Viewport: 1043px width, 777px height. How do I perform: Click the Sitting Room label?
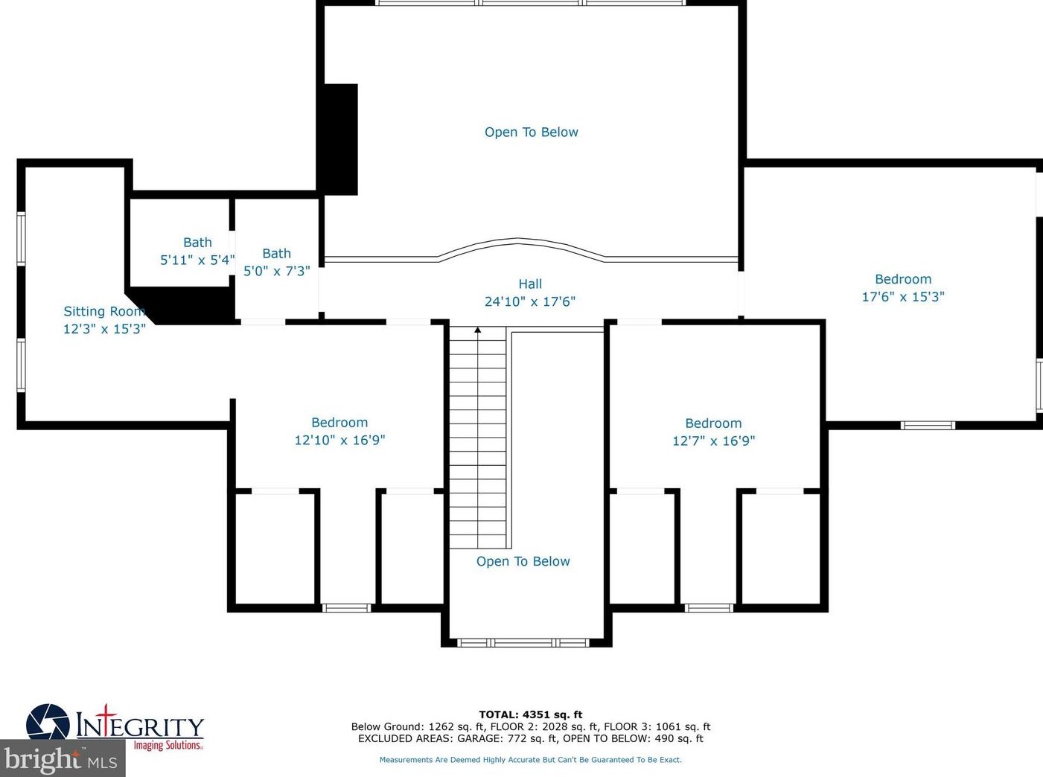tap(103, 312)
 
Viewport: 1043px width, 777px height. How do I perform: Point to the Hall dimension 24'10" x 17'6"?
tap(529, 301)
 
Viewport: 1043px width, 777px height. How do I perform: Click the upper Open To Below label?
tap(531, 132)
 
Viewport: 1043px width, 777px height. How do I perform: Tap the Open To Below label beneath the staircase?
tap(523, 561)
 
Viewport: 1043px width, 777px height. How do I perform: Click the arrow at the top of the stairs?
tap(478, 330)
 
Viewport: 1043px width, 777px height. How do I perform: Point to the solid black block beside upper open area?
tap(339, 139)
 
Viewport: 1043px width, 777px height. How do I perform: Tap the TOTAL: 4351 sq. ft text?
tap(530, 714)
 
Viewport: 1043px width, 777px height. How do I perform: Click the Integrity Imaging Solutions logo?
tap(115, 726)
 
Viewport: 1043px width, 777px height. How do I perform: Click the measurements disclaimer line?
tap(530, 760)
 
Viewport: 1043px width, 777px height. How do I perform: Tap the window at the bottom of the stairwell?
tap(523, 642)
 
